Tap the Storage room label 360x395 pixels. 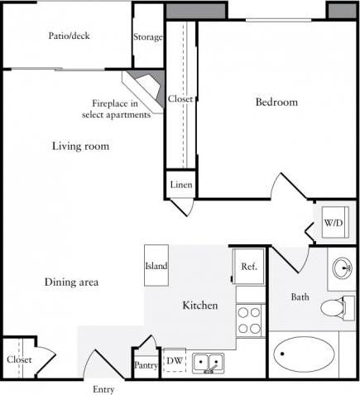click(x=148, y=36)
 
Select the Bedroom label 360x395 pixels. click(x=276, y=103)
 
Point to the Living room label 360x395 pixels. click(x=81, y=147)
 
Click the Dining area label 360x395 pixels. click(x=71, y=282)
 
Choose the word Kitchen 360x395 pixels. click(x=200, y=306)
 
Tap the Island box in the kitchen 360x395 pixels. click(x=156, y=266)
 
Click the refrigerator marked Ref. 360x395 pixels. click(x=249, y=267)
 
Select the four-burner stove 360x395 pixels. click(x=250, y=320)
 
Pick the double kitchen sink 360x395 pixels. click(x=208, y=362)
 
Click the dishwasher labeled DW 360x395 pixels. click(x=174, y=360)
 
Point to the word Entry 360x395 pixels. click(x=104, y=389)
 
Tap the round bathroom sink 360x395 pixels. click(x=343, y=268)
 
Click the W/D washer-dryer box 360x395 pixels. click(x=334, y=223)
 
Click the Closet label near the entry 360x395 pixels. click(x=19, y=359)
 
